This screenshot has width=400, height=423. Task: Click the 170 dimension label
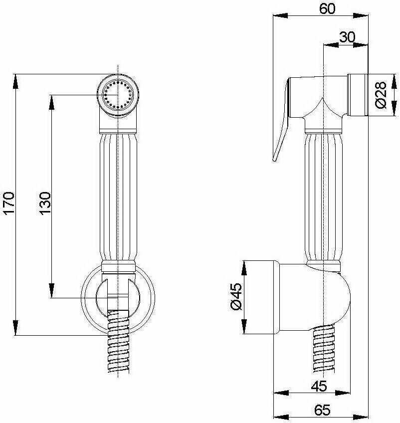coord(8,203)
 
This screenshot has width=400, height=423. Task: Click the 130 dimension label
coord(45,203)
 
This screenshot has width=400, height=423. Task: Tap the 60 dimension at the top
coord(327,8)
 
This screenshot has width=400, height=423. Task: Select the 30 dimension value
coord(347,37)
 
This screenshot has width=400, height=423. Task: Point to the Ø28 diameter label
coord(381,95)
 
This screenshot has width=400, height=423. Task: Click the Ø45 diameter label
coord(236,296)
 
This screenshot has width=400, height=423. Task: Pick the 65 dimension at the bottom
coord(322,411)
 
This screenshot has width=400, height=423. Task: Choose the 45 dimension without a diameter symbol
coord(319,386)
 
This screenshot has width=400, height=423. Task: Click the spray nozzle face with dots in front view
coord(118,95)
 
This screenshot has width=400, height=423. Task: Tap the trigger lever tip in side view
coord(274,160)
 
